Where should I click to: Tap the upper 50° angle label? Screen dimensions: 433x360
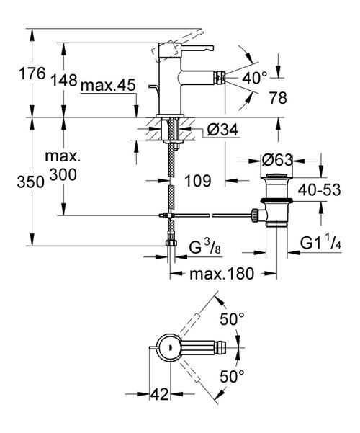point(233,318)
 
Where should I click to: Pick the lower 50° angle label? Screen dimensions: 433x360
point(233,375)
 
